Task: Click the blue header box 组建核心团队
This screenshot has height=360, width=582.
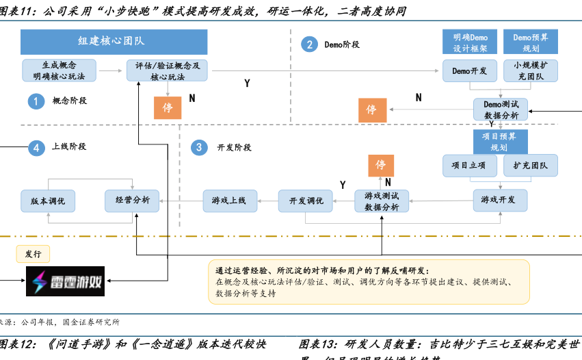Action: point(111,41)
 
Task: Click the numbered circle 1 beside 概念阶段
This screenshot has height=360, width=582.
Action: point(36,101)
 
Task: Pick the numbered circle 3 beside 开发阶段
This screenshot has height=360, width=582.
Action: point(198,147)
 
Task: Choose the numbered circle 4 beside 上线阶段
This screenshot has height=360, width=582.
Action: point(36,147)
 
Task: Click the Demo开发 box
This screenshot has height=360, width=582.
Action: point(470,70)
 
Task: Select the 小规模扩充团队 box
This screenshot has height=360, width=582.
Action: point(531,70)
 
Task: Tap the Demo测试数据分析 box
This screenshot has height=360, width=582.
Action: point(501,110)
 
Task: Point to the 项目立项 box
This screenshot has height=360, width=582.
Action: point(469,165)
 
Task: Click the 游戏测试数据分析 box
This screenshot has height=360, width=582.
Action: point(381,201)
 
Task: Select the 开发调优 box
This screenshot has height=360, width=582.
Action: point(305,201)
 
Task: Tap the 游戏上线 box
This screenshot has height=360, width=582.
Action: point(228,201)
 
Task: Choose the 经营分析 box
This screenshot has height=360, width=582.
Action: point(132,201)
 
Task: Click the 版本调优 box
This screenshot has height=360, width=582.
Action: point(48,201)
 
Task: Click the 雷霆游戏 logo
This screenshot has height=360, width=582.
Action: point(66,281)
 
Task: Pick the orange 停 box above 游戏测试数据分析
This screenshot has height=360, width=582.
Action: point(381,166)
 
